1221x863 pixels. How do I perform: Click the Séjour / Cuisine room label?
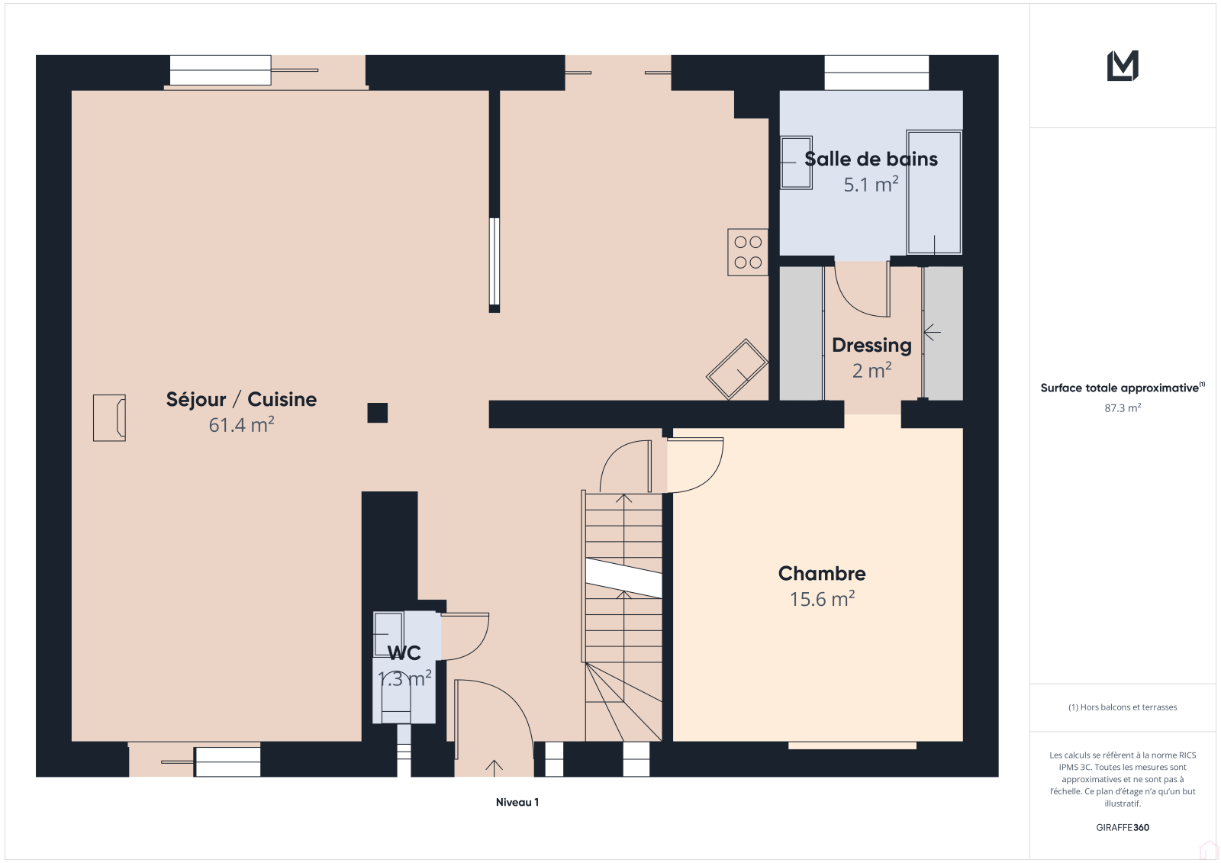(x=241, y=400)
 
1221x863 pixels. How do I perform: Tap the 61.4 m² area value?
(x=241, y=425)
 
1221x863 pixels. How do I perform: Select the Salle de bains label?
(x=871, y=159)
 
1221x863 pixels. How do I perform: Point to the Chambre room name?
(x=822, y=574)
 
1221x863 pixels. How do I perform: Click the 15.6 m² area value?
(x=822, y=599)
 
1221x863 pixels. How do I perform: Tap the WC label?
(x=404, y=653)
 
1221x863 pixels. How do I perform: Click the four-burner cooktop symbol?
(x=748, y=252)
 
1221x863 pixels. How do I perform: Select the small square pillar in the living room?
(x=377, y=413)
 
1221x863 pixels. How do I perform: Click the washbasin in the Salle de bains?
(x=797, y=163)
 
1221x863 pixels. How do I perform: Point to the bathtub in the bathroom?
(x=934, y=192)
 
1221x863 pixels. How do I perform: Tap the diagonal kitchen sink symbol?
(x=737, y=369)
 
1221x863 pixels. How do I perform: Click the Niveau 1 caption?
(x=517, y=802)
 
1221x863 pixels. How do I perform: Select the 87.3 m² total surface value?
(x=1123, y=407)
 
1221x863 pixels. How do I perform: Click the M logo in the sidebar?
(x=1123, y=66)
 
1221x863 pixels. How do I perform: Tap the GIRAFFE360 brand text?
(x=1123, y=827)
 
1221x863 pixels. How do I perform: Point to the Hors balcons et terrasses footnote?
(x=1123, y=707)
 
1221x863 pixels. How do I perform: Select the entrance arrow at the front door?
(x=494, y=768)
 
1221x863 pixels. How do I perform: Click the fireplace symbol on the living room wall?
(x=110, y=417)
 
